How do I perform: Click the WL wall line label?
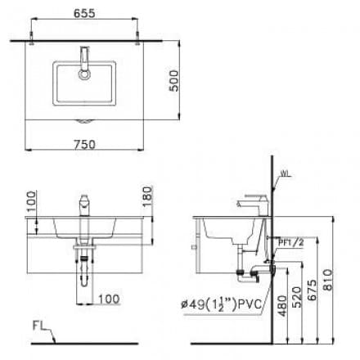[286, 173]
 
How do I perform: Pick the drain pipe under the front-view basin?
[82, 270]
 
